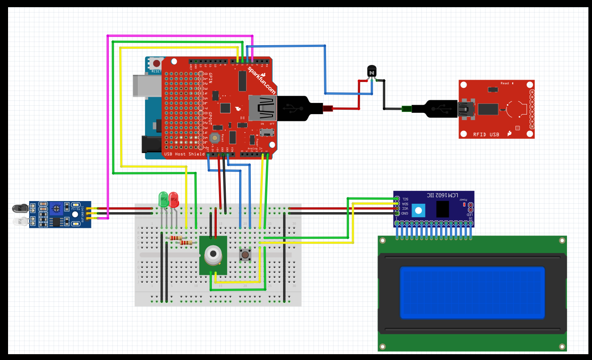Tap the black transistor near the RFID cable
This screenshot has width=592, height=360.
372,71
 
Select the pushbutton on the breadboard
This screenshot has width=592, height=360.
245,255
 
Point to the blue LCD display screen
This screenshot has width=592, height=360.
472,292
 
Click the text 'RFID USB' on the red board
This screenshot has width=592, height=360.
486,134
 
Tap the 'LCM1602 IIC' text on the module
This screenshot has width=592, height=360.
433,196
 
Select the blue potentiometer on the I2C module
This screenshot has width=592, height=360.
418,210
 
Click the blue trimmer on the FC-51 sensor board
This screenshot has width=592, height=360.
56,207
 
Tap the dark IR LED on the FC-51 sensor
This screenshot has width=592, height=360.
20,208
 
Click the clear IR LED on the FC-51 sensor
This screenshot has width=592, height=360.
20,221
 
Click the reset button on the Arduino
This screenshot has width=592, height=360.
156,64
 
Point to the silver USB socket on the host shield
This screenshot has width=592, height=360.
262,108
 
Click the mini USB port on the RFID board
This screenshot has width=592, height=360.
466,109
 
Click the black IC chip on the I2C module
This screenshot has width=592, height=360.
442,210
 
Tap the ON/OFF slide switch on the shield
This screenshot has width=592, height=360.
268,133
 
